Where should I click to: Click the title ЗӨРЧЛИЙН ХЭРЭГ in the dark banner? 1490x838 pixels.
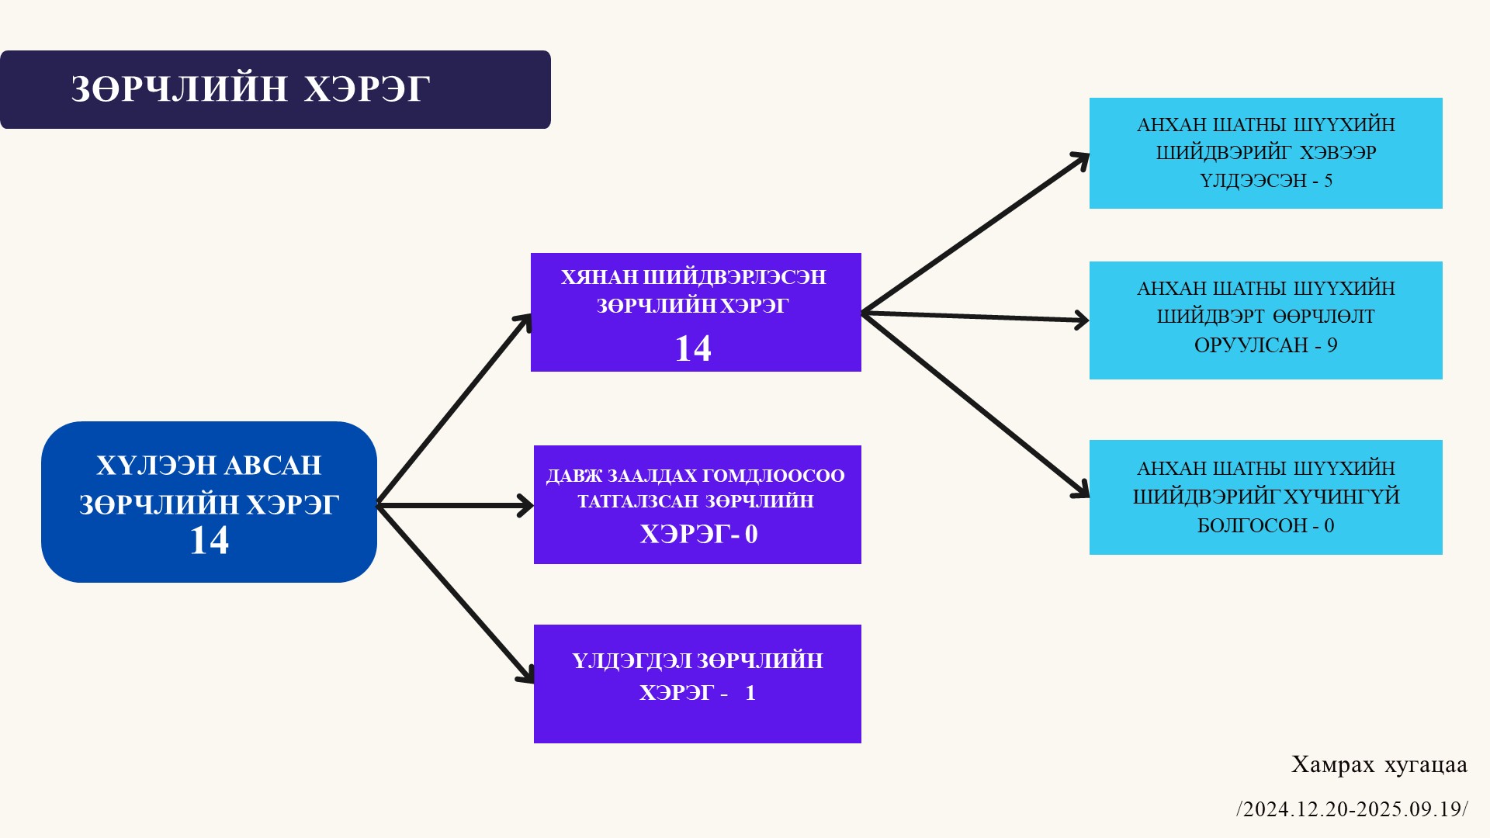(250, 89)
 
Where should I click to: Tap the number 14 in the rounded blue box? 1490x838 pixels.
(210, 541)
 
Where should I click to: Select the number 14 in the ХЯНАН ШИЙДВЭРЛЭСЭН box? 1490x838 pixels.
(693, 348)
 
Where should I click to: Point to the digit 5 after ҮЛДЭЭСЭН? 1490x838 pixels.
(1328, 181)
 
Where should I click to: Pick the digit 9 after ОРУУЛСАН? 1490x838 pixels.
(1332, 345)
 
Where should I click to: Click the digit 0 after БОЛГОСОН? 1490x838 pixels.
(1329, 526)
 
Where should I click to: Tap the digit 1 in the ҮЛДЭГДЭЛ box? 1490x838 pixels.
(750, 693)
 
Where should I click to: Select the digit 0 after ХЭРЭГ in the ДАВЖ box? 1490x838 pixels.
(751, 534)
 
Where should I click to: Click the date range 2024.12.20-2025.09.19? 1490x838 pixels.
(1352, 809)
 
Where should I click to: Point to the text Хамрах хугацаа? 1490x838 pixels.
(1379, 765)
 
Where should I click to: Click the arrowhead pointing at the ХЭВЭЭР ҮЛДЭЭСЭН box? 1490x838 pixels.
(1081, 159)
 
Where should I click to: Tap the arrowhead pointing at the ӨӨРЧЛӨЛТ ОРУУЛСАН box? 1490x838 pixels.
(1081, 320)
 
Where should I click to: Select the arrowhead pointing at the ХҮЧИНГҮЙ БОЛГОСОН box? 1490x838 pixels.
(1081, 490)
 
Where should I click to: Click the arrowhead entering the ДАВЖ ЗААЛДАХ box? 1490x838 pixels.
(525, 506)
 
